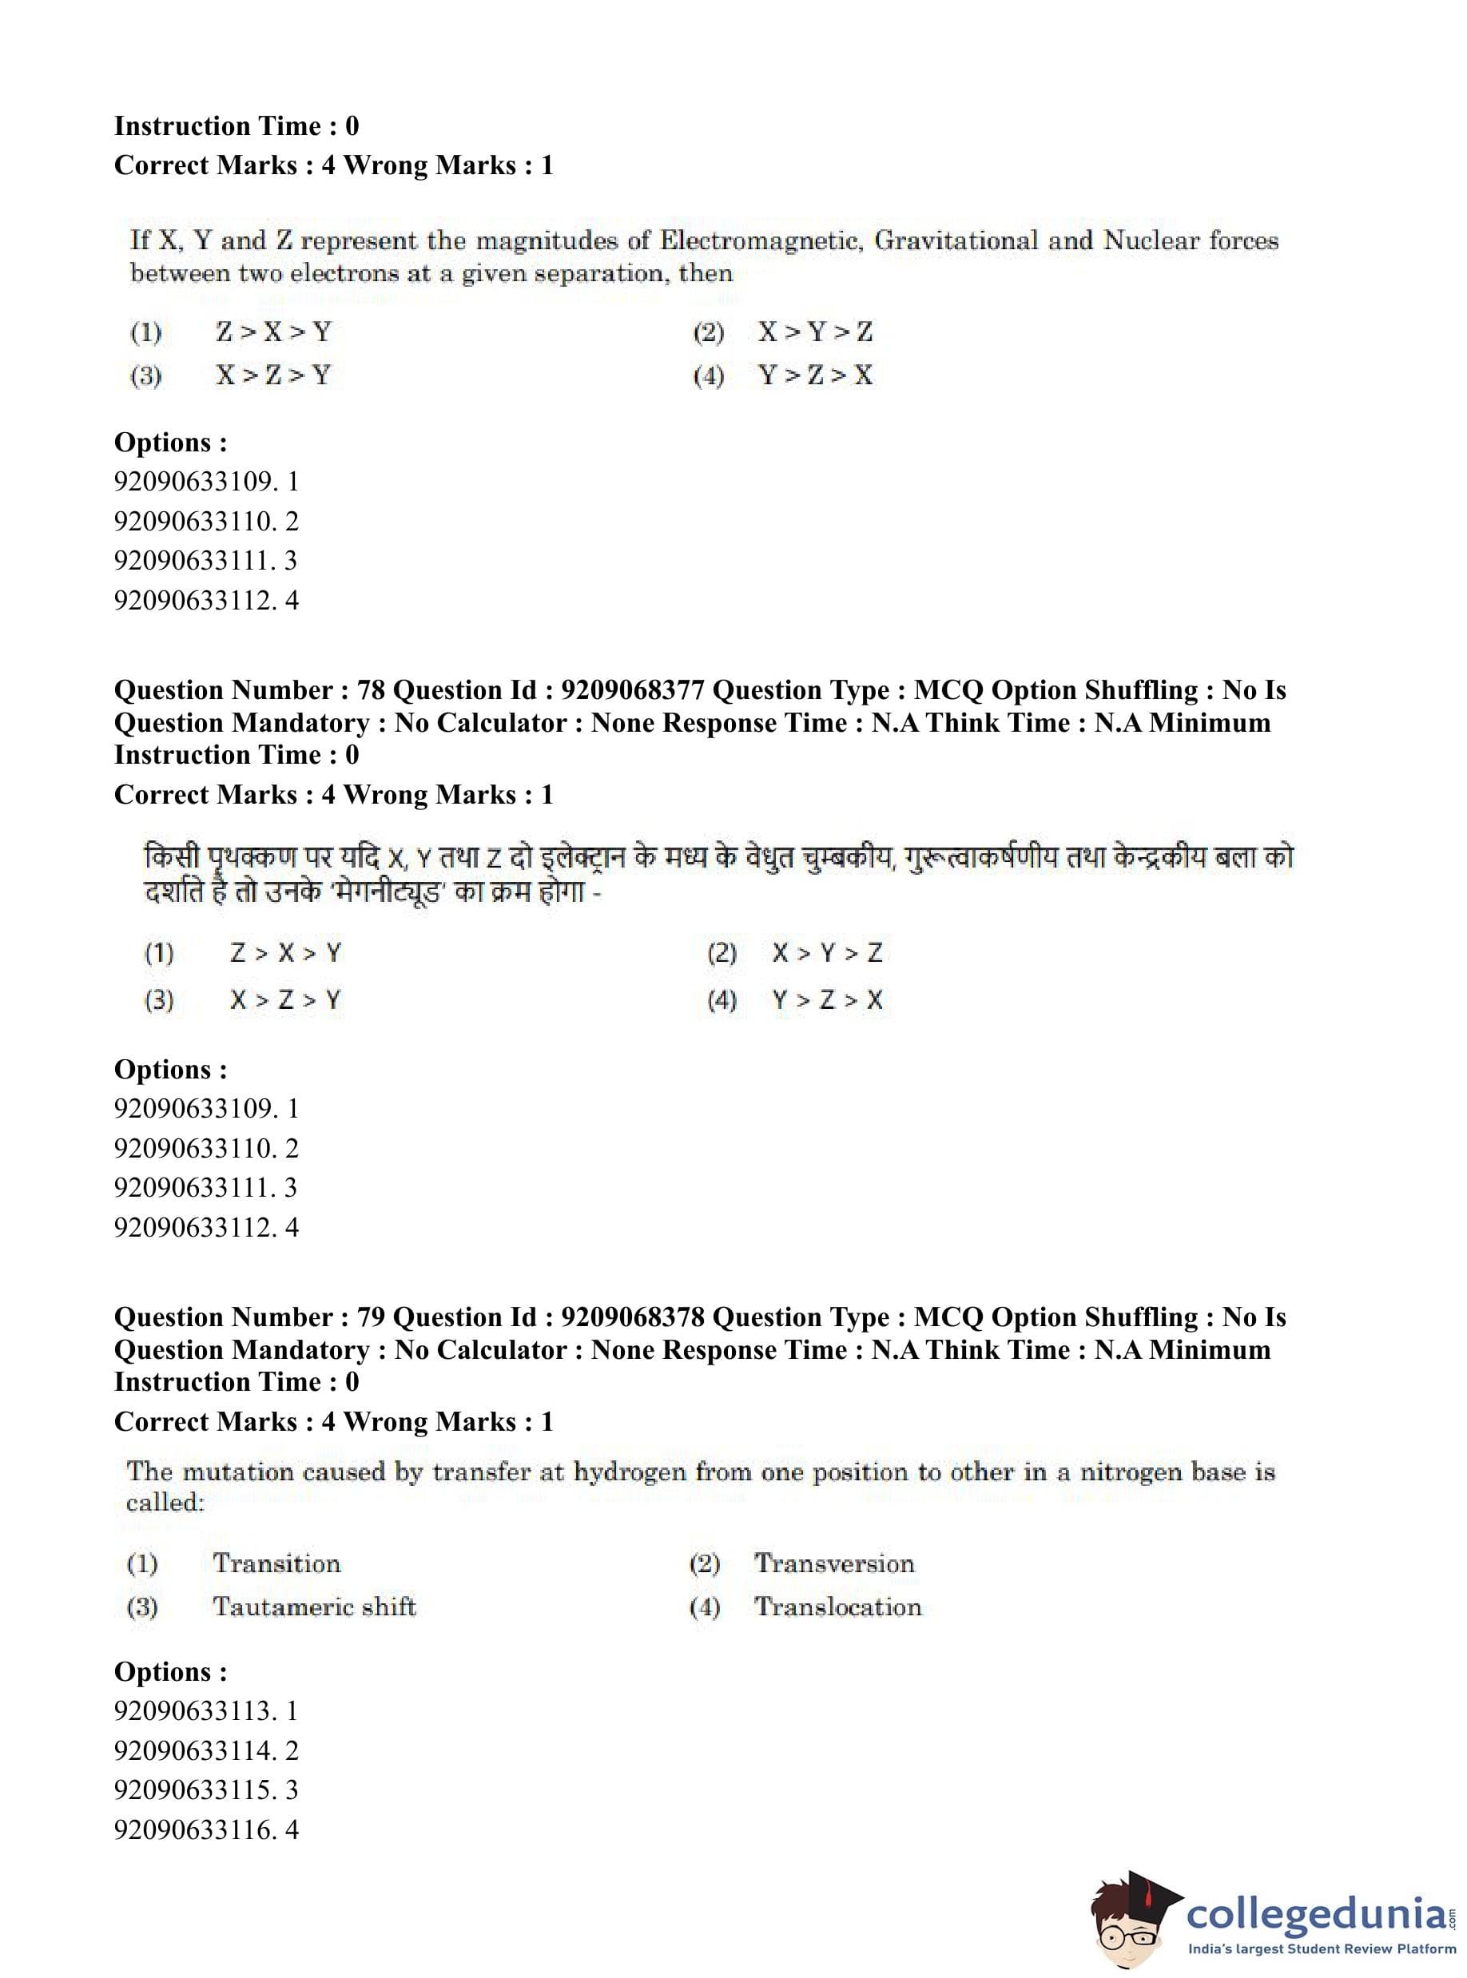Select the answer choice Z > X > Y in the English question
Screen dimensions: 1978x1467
273,333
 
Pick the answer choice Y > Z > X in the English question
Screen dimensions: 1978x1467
815,375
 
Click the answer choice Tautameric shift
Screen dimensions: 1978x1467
314,1606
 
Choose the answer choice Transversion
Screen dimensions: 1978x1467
834,1563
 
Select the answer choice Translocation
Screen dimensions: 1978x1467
837,1606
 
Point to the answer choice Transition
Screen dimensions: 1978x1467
276,1563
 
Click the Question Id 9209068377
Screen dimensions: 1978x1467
632,689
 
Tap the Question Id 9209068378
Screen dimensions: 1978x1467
632,1317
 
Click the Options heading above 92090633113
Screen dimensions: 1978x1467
170,1672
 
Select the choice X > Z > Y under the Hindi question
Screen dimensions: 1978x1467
285,1000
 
